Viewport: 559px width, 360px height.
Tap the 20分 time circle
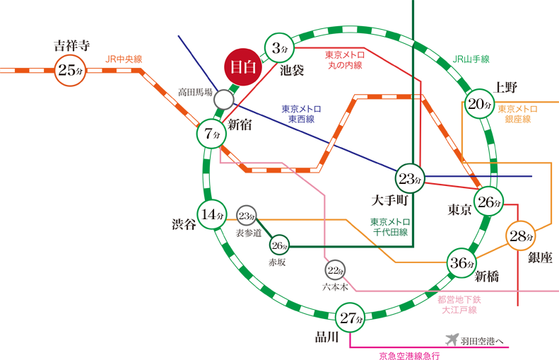[480, 105]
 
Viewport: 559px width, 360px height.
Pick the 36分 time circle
[461, 264]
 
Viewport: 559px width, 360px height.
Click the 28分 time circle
[522, 236]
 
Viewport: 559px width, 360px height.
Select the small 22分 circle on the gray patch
[335, 269]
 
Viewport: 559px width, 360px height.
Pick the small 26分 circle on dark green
[280, 246]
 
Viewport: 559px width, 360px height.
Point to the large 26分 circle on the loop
[489, 202]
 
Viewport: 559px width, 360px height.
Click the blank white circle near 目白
[223, 99]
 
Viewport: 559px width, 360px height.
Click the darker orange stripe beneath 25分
[71, 212]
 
